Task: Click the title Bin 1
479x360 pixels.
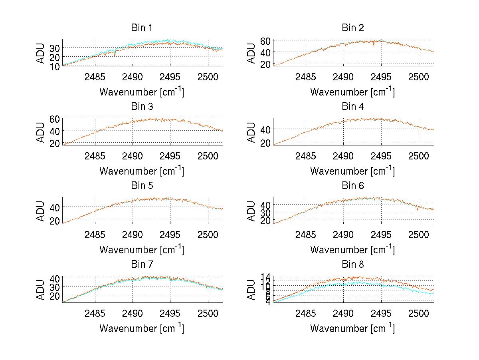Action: coord(142,28)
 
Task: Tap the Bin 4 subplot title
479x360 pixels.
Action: coord(352,107)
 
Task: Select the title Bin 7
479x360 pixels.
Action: coord(142,265)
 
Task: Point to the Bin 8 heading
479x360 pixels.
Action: coord(352,265)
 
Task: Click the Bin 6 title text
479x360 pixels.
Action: coord(352,186)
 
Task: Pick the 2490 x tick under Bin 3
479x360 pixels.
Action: coord(133,155)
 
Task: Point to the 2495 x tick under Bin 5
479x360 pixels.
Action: coord(170,234)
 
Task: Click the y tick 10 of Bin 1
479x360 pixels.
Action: coord(55,67)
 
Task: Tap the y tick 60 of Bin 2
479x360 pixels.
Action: coord(266,41)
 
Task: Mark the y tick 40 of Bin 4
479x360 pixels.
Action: coord(266,129)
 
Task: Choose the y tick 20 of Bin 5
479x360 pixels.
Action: coord(55,221)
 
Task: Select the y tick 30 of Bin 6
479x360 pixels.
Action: coord(266,212)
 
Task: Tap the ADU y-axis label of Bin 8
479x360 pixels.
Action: coord(252,290)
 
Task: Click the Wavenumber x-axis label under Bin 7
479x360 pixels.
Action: coord(142,328)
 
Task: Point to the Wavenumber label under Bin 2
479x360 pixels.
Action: coord(352,91)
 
